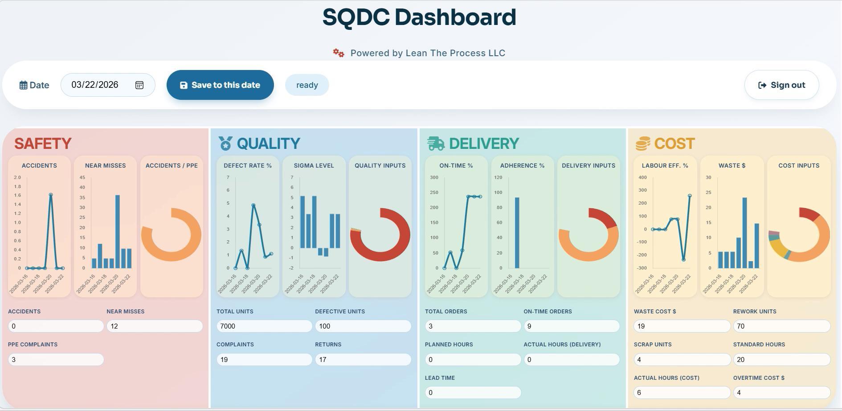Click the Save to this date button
[220, 85]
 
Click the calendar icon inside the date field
[139, 85]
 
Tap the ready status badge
[307, 85]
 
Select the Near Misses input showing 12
[154, 326]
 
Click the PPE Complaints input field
[56, 360]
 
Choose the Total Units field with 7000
[264, 326]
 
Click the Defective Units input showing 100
[363, 326]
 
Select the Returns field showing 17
[363, 360]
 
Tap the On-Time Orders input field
[571, 326]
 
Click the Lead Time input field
[473, 393]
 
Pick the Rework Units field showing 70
[781, 326]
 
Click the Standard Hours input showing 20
[781, 360]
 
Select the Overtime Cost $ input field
[781, 393]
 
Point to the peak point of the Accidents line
[51, 195]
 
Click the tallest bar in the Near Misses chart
[118, 231]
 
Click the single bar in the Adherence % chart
[517, 233]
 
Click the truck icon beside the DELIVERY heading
[436, 144]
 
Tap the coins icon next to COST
[642, 144]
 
